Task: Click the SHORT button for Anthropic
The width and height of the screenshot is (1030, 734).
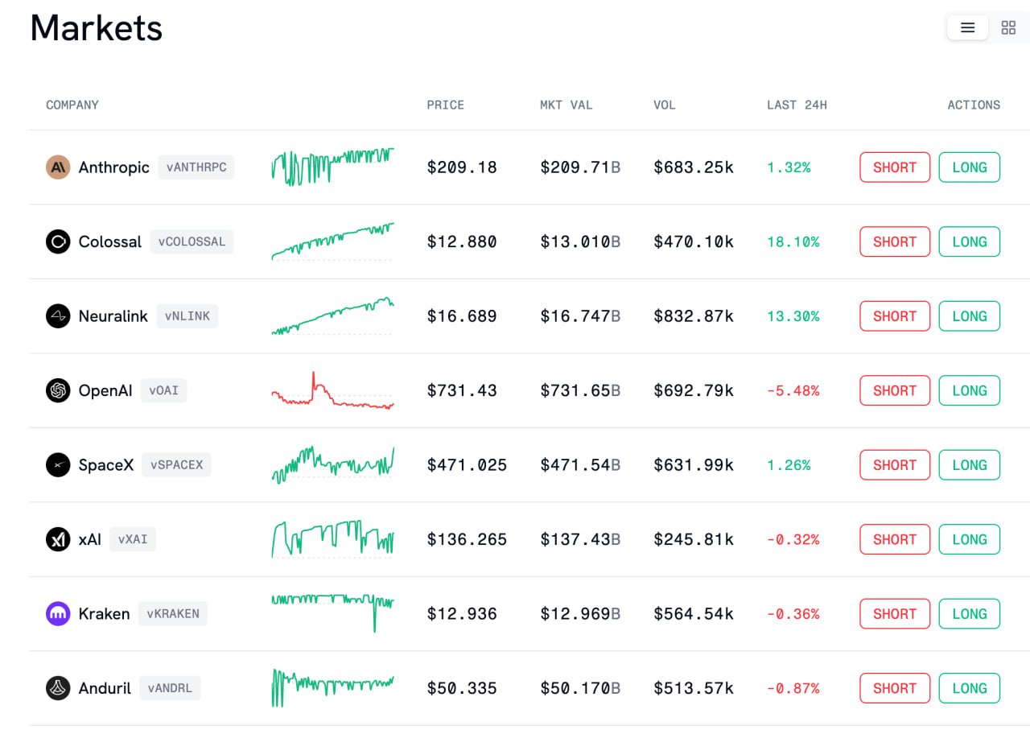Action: point(894,167)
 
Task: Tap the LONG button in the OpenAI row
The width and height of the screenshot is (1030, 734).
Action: point(970,390)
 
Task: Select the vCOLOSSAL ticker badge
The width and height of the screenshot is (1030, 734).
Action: point(192,241)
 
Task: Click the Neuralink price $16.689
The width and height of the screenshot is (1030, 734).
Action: point(462,316)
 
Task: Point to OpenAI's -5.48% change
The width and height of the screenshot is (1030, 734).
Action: point(793,390)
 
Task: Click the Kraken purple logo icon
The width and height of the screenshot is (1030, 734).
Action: point(58,613)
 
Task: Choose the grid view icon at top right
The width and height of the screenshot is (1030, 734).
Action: point(1008,27)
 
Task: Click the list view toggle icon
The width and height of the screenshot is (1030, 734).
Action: point(967,27)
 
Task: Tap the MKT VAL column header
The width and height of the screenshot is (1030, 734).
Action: point(566,105)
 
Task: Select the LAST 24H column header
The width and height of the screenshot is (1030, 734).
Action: point(797,105)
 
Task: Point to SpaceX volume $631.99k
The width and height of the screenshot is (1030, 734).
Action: point(694,465)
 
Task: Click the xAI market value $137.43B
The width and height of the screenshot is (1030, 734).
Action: point(580,539)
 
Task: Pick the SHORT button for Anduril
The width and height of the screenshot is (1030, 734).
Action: point(894,688)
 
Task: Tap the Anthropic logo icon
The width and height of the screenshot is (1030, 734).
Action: point(58,167)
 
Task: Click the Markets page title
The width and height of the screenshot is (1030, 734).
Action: point(96,27)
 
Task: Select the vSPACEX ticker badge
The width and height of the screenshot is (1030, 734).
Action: point(176,464)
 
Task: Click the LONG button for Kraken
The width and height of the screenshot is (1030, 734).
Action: point(970,613)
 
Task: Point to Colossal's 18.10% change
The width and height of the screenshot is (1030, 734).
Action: point(793,241)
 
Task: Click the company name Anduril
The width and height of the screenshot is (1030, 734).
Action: point(105,688)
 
